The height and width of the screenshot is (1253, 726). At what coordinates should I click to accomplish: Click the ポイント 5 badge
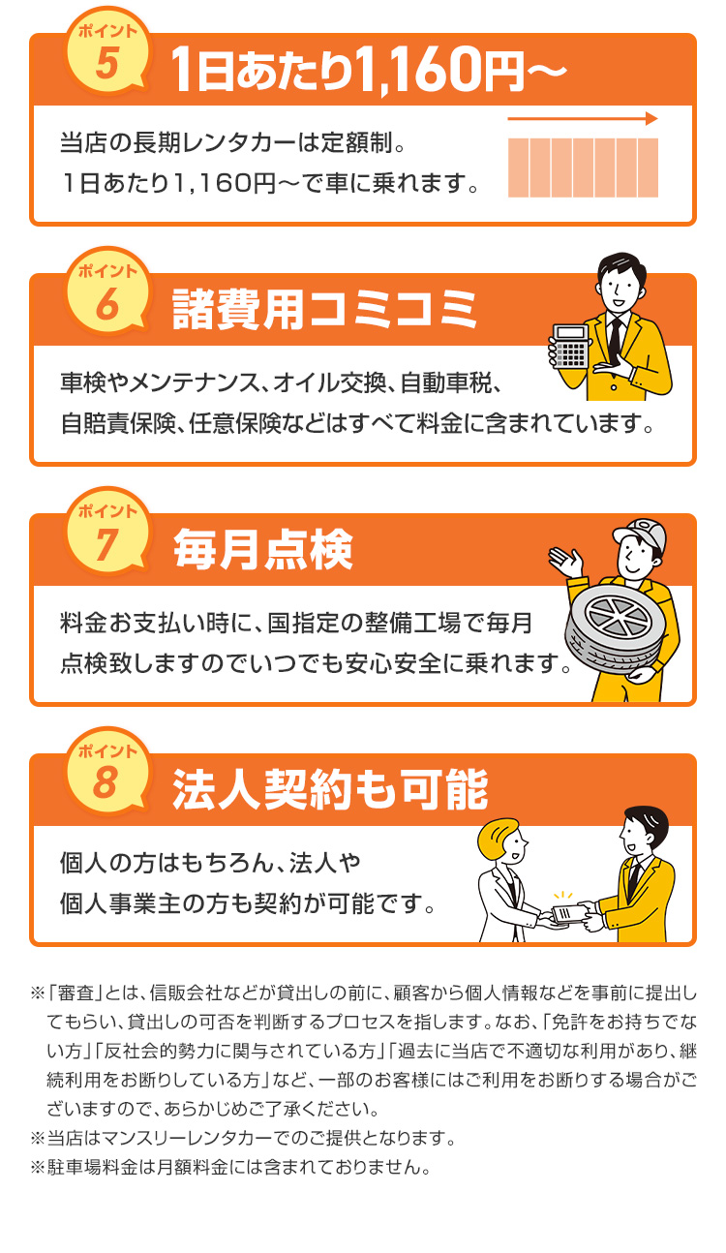(107, 52)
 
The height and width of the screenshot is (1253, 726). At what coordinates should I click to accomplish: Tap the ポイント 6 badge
(107, 292)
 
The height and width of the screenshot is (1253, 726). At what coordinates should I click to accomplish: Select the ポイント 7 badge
(107, 532)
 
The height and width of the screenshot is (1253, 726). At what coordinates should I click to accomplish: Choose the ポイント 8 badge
(107, 772)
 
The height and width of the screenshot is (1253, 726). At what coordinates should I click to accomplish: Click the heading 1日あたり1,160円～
(369, 70)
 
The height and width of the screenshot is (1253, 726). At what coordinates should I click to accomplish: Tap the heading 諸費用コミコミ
(324, 309)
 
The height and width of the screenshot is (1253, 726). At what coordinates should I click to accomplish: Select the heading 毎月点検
(263, 549)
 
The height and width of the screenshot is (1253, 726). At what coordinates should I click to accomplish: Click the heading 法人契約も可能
(330, 789)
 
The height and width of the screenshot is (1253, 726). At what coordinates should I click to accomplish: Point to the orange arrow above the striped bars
(583, 118)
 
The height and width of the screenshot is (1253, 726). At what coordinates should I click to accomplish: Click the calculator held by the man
(570, 347)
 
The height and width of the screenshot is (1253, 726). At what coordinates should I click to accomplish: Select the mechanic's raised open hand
(566, 562)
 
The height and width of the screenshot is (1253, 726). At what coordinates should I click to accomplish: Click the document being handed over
(568, 914)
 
